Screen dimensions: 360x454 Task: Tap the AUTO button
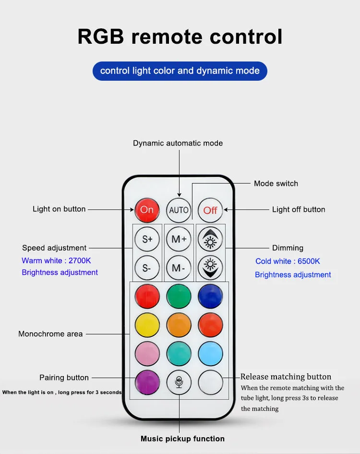pyautogui.click(x=179, y=210)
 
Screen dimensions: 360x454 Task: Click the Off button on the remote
pyautogui.click(x=210, y=210)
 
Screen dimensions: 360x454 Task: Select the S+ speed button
pyautogui.click(x=147, y=239)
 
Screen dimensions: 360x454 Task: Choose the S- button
pyautogui.click(x=147, y=268)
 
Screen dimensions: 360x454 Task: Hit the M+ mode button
pyautogui.click(x=179, y=239)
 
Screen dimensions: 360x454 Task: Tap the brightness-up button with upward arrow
pyautogui.click(x=210, y=239)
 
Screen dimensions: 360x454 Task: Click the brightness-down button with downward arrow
pyautogui.click(x=210, y=268)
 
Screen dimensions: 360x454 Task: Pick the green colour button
pyautogui.click(x=179, y=296)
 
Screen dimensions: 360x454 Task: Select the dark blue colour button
pyautogui.click(x=210, y=296)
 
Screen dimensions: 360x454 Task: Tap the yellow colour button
pyautogui.click(x=147, y=325)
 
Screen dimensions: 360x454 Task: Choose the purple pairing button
pyautogui.click(x=147, y=383)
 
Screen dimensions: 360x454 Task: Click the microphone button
pyautogui.click(x=179, y=383)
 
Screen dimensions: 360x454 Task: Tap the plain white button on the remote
pyautogui.click(x=210, y=383)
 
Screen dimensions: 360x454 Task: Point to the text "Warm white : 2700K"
pyautogui.click(x=56, y=261)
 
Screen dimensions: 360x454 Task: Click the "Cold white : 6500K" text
pyautogui.click(x=288, y=261)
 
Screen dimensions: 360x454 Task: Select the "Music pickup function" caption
pyautogui.click(x=182, y=439)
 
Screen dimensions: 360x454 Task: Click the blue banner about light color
pyautogui.click(x=180, y=71)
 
